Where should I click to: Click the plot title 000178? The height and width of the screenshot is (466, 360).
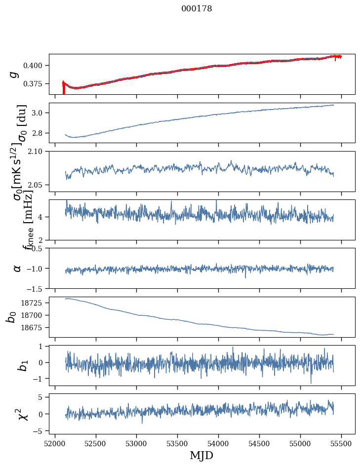click(x=197, y=9)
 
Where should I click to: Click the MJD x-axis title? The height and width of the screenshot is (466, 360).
click(x=201, y=455)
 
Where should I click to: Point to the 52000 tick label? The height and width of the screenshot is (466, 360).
click(x=55, y=444)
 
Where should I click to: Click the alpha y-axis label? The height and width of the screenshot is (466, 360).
click(x=17, y=268)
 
